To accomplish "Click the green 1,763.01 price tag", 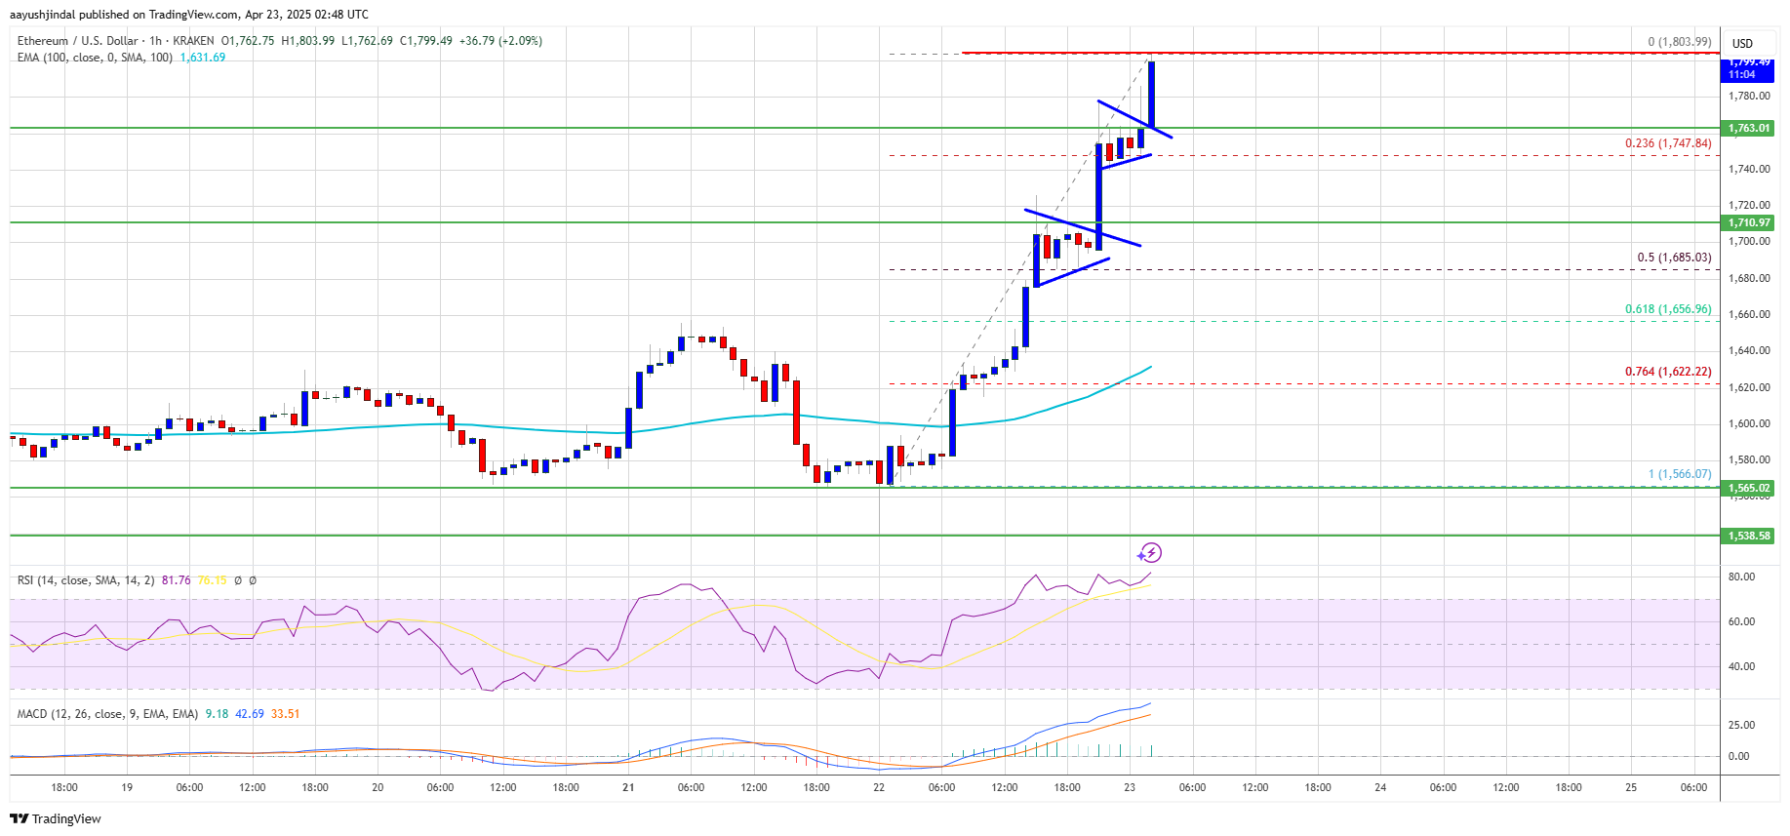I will tap(1748, 128).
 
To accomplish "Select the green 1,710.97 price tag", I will tap(1748, 222).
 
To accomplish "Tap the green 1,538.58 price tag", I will tap(1748, 536).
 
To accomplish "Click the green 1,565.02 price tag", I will tap(1748, 488).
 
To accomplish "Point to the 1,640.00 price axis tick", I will tap(1748, 351).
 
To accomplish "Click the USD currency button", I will tap(1742, 43).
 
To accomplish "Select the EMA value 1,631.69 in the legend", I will tap(202, 58).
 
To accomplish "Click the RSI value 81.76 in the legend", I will tap(177, 580).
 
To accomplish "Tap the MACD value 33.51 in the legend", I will tap(286, 714).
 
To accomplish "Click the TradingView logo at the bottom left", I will tap(56, 818).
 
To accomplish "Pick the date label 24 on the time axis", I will tap(1380, 787).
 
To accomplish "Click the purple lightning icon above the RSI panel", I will tap(1150, 553).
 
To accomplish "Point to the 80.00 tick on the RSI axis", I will tap(1741, 577).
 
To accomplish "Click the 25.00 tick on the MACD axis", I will tap(1741, 725).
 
